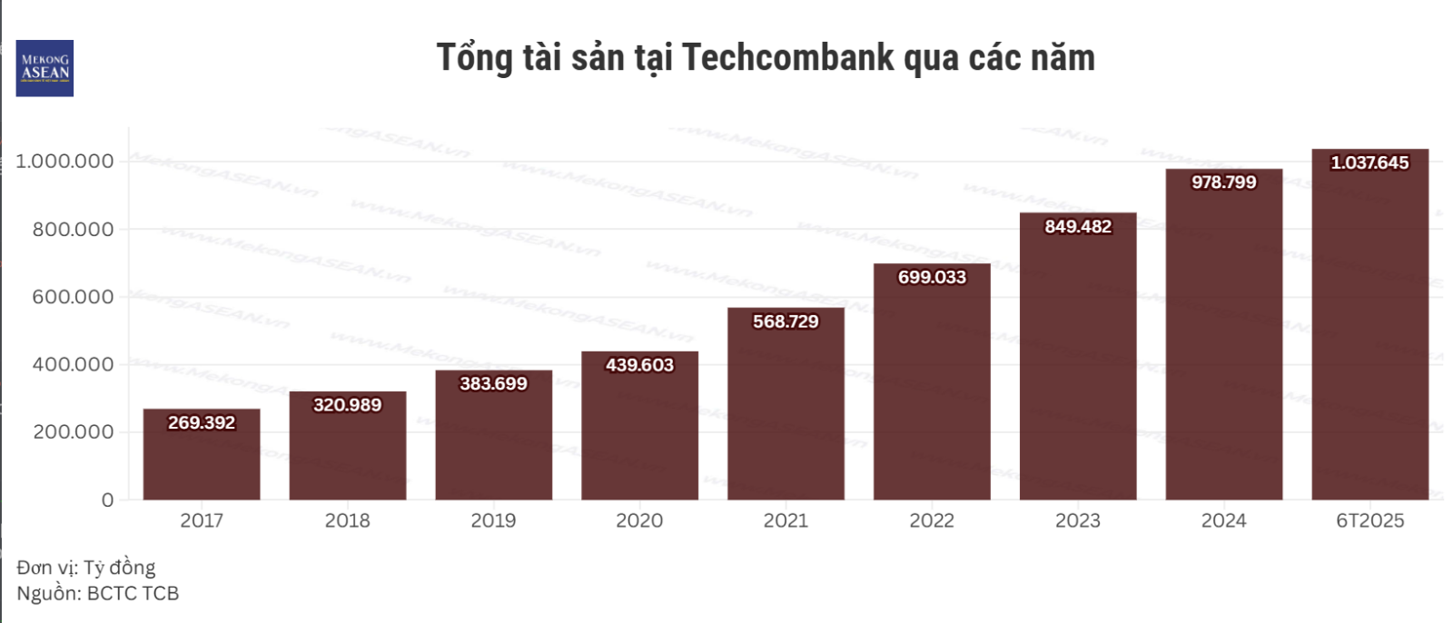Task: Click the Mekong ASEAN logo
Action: point(44,68)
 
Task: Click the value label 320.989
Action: point(347,405)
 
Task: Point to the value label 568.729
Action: point(786,321)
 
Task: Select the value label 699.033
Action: point(932,277)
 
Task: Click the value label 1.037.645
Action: point(1369,163)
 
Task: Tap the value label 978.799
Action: point(1223,183)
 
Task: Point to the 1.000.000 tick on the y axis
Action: point(65,162)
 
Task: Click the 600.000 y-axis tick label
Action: point(74,297)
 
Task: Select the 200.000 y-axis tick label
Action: point(74,432)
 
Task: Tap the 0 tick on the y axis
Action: point(108,500)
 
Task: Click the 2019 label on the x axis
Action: point(493,521)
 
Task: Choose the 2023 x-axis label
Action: point(1077,521)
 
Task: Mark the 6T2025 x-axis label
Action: point(1369,521)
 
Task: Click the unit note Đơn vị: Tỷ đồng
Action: point(86,568)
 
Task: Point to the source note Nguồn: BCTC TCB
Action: point(98,594)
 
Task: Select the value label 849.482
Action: point(1078,227)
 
